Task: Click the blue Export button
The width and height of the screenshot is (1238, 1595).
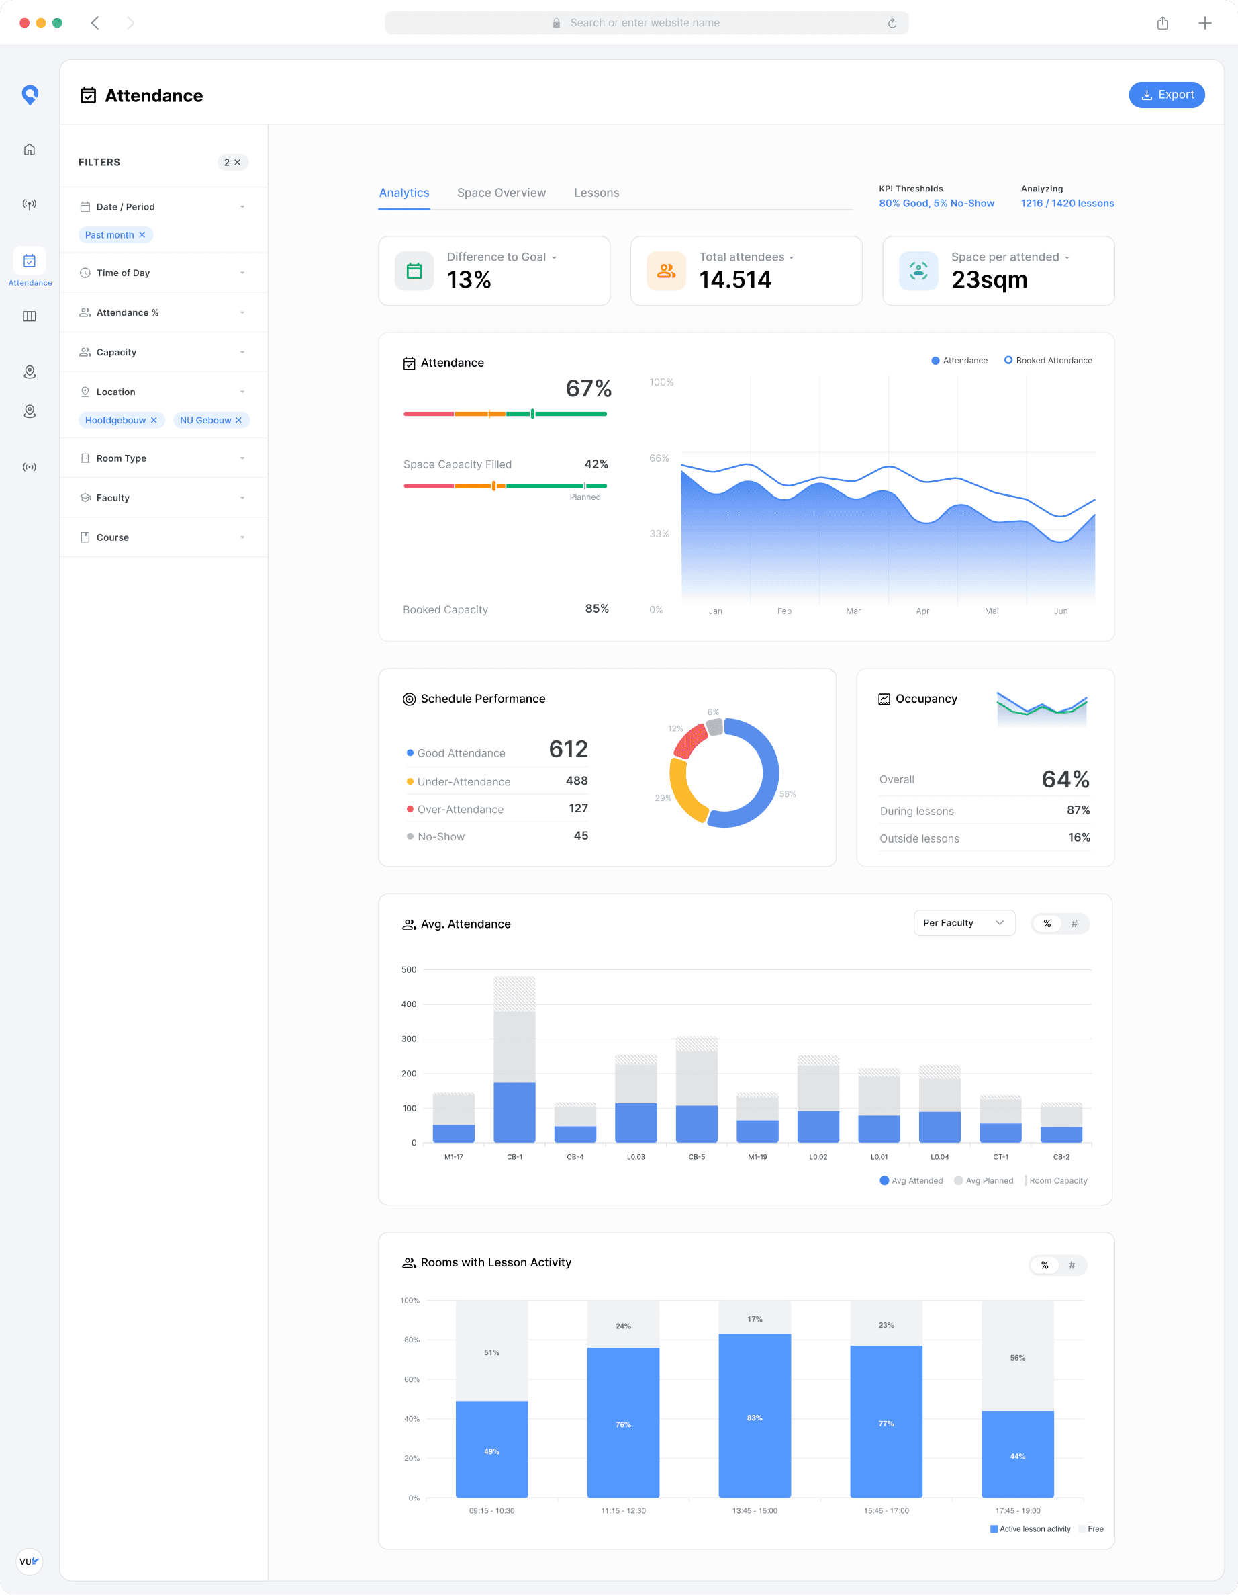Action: tap(1166, 95)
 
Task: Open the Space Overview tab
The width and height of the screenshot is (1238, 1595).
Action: tap(501, 193)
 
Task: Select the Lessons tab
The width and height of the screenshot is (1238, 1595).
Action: tap(596, 193)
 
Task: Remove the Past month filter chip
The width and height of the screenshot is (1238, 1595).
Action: tap(142, 235)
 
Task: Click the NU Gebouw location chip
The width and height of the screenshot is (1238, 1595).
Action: tap(205, 420)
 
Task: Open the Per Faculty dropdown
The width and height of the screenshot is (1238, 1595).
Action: tap(963, 923)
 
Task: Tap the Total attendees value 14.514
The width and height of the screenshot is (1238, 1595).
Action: tap(734, 279)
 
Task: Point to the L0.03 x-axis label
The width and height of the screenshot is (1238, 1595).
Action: tap(635, 1157)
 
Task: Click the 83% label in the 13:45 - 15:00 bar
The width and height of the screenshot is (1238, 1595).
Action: tap(754, 1418)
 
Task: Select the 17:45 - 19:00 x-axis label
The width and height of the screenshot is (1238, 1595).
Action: tap(1017, 1510)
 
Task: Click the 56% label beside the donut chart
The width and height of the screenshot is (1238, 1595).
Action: tap(787, 794)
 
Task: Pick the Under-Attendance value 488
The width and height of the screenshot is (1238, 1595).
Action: tap(576, 781)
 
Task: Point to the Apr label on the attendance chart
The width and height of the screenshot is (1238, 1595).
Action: tap(922, 611)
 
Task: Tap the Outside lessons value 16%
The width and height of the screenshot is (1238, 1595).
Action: tap(1078, 838)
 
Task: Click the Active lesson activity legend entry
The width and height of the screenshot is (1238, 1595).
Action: tap(1030, 1528)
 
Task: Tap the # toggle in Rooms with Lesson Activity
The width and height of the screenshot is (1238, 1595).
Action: tap(1071, 1265)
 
